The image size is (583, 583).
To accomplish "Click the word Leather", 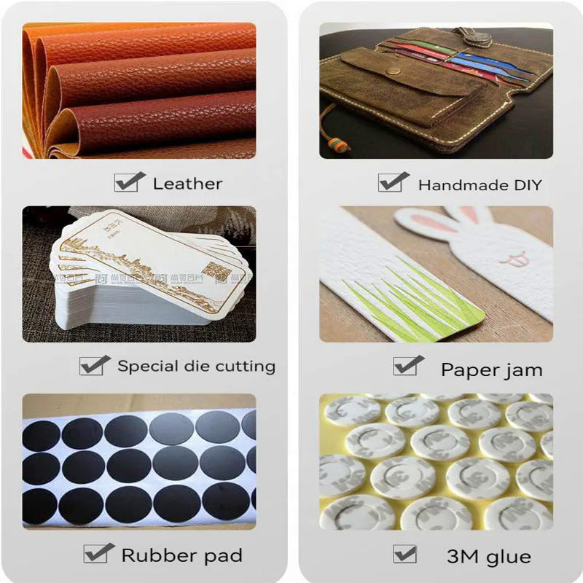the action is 187,184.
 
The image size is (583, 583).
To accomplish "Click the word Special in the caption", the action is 147,366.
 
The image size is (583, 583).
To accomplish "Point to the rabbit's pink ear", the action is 466,214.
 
